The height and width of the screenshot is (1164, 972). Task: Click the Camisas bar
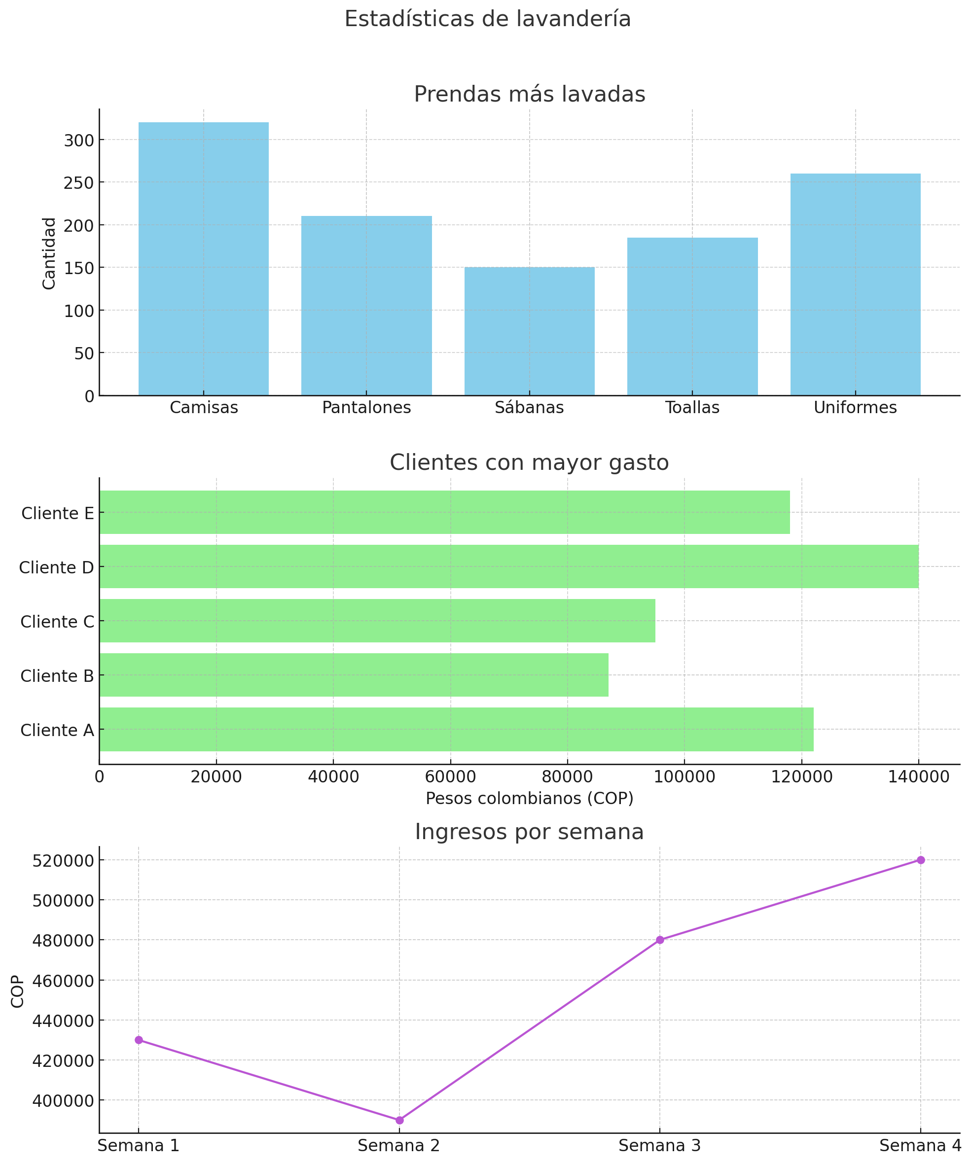[204, 258]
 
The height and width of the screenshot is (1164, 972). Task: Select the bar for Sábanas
[529, 331]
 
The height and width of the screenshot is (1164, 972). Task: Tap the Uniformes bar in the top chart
[855, 284]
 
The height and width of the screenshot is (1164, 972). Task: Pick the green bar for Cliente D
[508, 566]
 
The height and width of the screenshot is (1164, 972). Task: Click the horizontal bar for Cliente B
[354, 674]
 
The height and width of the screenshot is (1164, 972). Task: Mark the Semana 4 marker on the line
[920, 860]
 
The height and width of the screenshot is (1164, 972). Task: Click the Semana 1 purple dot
[139, 1040]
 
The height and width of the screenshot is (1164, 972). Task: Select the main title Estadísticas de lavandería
[487, 19]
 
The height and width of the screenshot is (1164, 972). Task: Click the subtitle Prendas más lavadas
[529, 94]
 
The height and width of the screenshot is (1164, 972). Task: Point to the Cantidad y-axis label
[49, 253]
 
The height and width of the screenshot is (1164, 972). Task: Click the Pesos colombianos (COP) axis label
[529, 798]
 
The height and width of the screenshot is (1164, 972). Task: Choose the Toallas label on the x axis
[692, 408]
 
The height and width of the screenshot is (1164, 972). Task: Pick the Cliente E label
[58, 513]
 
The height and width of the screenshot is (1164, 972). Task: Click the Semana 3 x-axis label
[659, 1145]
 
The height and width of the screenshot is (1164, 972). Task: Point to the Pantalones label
[366, 408]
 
